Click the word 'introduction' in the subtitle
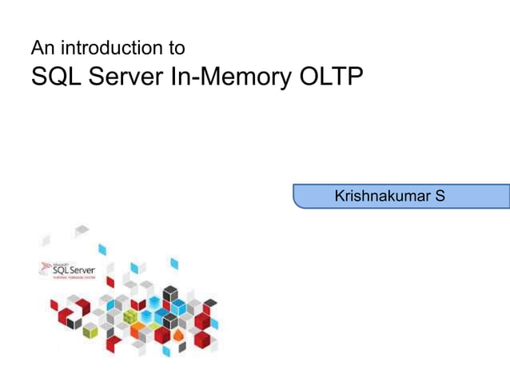tap(111, 48)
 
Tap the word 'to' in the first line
tap(175, 48)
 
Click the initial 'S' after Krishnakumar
tap(440, 196)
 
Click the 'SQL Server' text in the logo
tap(73, 270)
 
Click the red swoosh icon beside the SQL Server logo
tap(45, 269)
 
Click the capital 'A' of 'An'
tap(37, 48)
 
